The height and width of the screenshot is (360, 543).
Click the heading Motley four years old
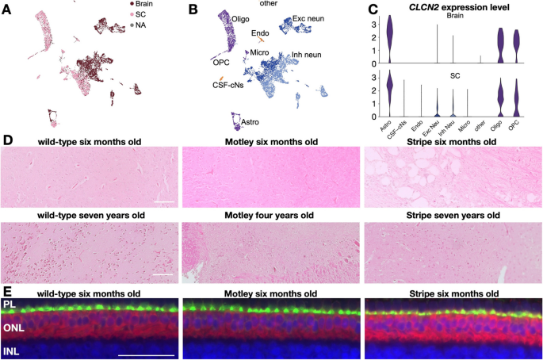272,214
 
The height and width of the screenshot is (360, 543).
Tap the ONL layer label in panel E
13,326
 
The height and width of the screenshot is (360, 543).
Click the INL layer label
12,349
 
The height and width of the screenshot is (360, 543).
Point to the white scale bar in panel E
146,354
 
